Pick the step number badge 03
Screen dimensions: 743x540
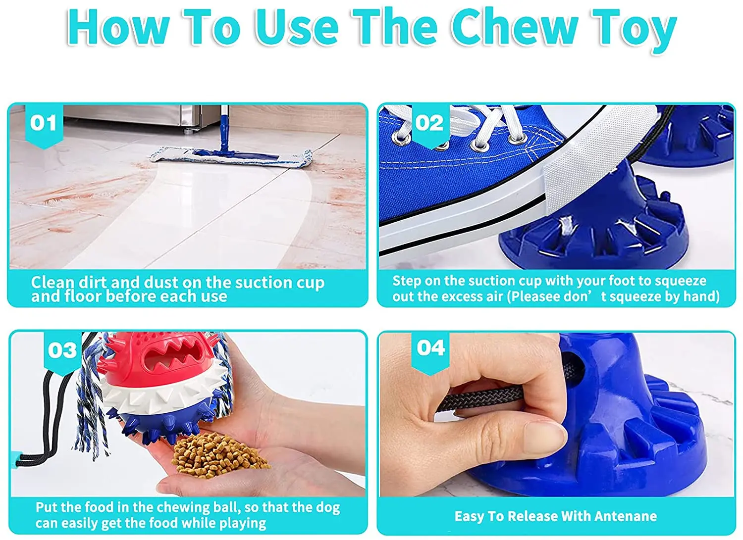[x=62, y=352]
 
